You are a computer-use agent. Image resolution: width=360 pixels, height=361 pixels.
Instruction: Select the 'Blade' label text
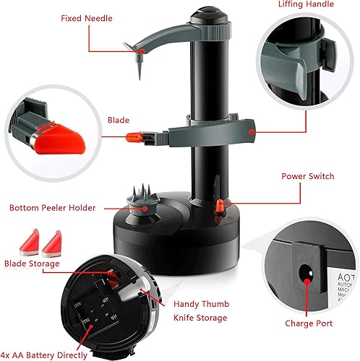click(119, 121)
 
